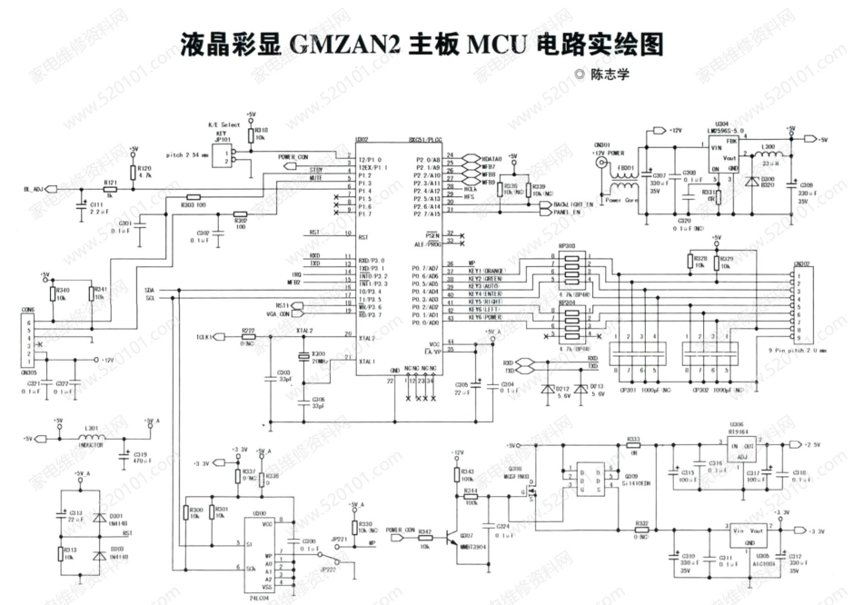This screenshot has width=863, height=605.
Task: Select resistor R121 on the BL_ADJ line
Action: (x=110, y=189)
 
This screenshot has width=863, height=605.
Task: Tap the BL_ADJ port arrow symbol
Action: (x=51, y=189)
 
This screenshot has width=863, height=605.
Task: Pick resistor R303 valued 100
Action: (x=193, y=196)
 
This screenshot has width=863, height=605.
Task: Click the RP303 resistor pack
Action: (x=569, y=270)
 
